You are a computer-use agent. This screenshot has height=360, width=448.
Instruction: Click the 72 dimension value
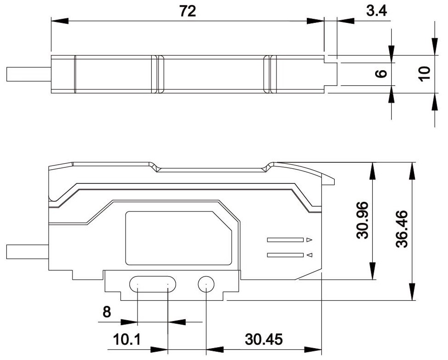point(188,11)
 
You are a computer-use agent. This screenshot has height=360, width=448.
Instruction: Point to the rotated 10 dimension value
point(424,72)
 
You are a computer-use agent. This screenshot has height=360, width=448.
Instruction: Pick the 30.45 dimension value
point(264,340)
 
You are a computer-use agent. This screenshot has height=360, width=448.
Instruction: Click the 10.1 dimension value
point(127,340)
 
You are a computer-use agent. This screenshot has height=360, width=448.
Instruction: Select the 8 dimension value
point(106,312)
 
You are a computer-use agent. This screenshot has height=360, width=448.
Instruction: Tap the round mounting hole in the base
point(206,284)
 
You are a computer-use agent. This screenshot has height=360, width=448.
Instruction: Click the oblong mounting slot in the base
point(153,284)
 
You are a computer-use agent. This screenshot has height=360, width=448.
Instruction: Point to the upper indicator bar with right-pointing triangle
point(285,239)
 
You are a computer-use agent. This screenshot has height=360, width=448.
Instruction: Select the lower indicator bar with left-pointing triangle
point(285,255)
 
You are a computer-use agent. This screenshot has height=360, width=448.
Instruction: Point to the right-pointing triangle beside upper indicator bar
point(309,239)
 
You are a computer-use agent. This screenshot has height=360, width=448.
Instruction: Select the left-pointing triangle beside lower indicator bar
point(310,255)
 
